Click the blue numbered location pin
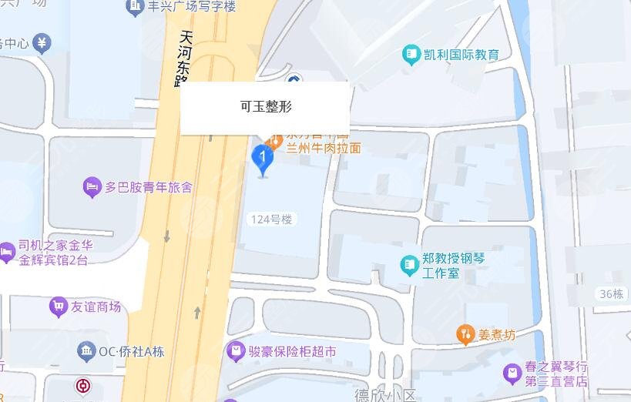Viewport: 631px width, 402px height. (x=263, y=160)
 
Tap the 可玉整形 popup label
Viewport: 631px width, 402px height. (x=265, y=107)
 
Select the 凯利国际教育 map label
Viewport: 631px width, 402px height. (x=462, y=55)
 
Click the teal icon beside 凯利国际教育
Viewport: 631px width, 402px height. (x=411, y=55)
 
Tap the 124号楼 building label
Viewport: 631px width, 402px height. (x=272, y=219)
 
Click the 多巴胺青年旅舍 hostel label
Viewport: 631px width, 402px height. (x=149, y=186)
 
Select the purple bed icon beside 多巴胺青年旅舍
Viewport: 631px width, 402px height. (x=92, y=186)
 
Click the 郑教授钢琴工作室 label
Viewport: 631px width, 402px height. (x=451, y=266)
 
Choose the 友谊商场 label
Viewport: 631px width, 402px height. (x=96, y=307)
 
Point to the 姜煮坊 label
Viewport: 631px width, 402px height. (x=497, y=334)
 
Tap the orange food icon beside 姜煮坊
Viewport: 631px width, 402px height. (x=465, y=334)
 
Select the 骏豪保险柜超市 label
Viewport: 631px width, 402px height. (x=292, y=351)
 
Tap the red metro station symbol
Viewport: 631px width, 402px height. (x=82, y=385)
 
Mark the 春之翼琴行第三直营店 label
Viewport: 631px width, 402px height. (x=556, y=374)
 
